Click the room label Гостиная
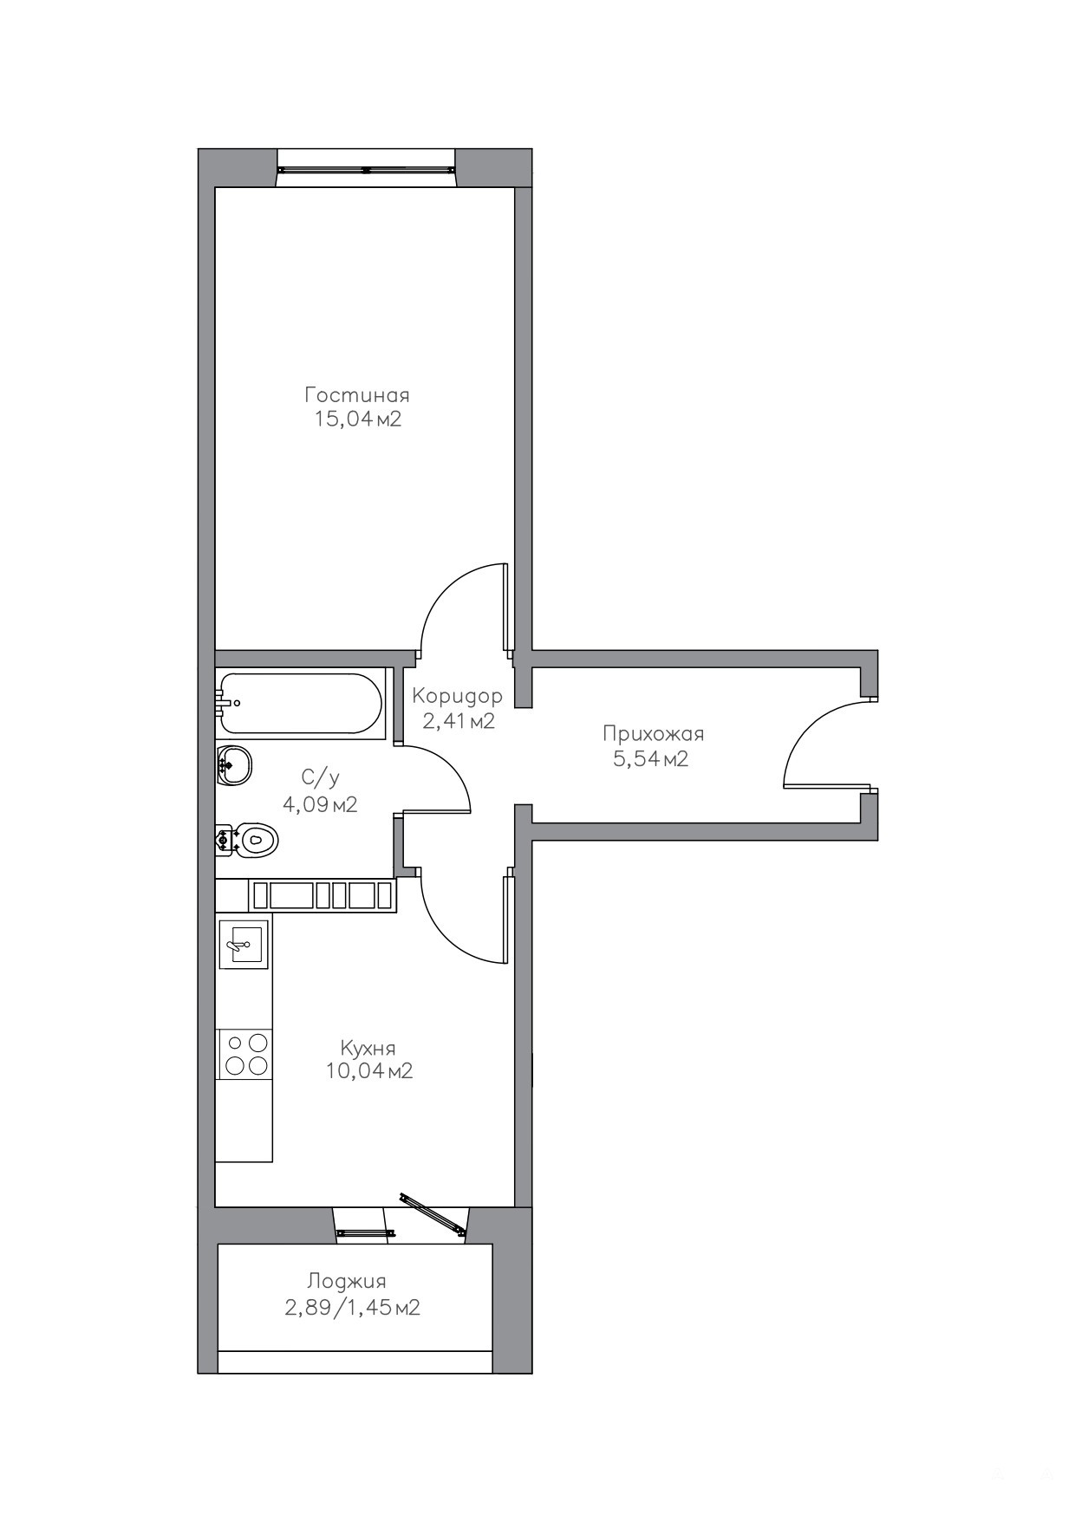pyautogui.click(x=356, y=395)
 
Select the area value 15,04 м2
pyautogui.click(x=357, y=420)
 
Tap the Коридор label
pyautogui.click(x=457, y=696)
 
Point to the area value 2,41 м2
pyautogui.click(x=458, y=721)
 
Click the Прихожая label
pyautogui.click(x=654, y=735)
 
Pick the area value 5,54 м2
pyautogui.click(x=650, y=760)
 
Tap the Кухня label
pyautogui.click(x=368, y=1048)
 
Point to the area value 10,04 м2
pyautogui.click(x=369, y=1071)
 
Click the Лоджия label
pyautogui.click(x=347, y=1282)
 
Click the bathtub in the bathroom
pyautogui.click(x=300, y=704)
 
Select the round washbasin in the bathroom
pyautogui.click(x=235, y=765)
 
